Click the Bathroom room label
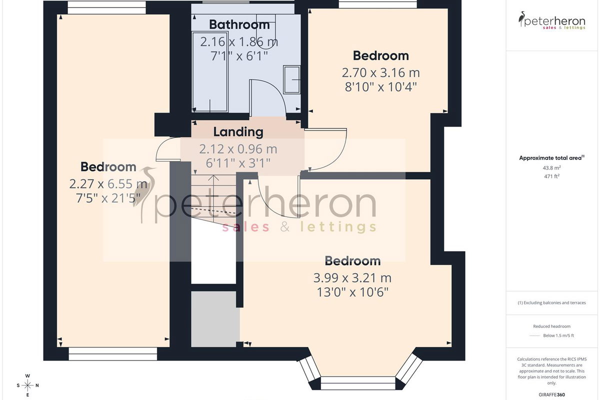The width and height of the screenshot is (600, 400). pos(239,24)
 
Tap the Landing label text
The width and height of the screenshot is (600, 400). pos(238,132)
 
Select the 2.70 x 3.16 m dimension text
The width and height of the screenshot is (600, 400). pos(380,73)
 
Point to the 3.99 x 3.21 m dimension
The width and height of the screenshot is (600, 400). pos(352,278)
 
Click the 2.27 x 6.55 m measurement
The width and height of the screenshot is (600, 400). pos(108,184)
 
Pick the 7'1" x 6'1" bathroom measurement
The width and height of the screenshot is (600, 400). pos(239,56)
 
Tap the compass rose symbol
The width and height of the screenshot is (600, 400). pos(27,385)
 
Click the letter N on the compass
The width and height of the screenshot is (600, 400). pos(37,385)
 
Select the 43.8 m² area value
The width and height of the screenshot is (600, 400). pos(552,168)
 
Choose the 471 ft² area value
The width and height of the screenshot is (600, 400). pos(552,176)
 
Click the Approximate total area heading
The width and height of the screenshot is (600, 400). pos(552,158)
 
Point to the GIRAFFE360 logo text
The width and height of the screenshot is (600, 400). pos(552,394)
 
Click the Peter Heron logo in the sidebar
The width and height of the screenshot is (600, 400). pos(552,20)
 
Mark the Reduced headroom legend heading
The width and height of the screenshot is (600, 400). pos(552,326)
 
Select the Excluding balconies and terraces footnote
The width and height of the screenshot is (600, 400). pos(552,302)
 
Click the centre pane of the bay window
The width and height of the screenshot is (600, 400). pos(358,383)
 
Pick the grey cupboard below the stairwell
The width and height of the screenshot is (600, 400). pos(215,319)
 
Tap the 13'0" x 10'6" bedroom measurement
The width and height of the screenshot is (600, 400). pos(352,292)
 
